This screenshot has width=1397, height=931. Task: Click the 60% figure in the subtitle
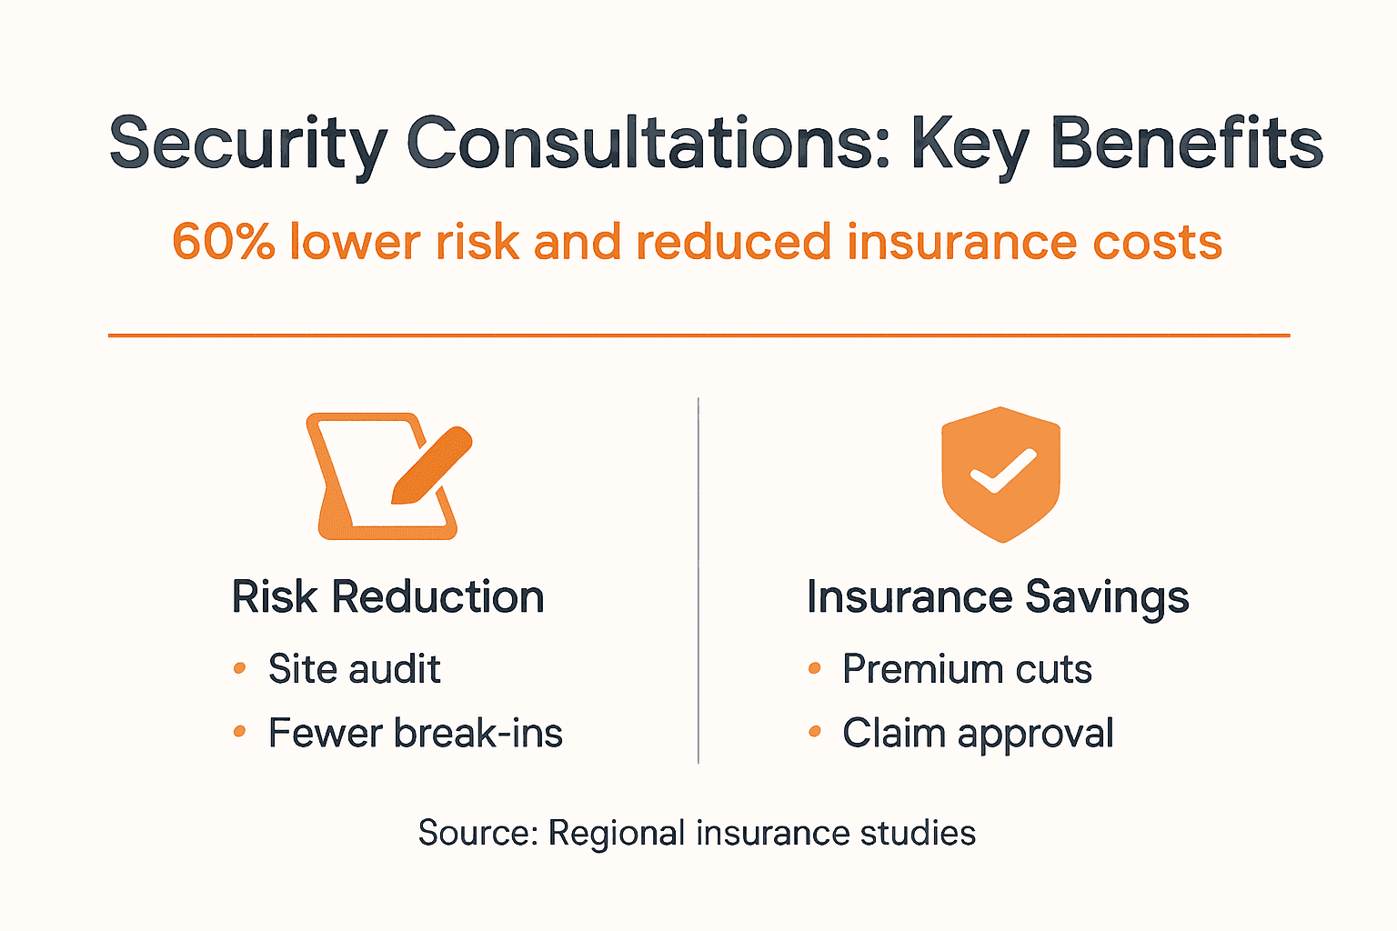click(224, 243)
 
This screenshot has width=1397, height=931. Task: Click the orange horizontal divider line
click(698, 335)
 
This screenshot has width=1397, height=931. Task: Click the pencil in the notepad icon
click(431, 465)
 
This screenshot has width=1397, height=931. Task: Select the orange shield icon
click(1000, 474)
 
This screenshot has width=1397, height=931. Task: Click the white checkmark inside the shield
click(1001, 471)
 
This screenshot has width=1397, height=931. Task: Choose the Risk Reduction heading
click(387, 597)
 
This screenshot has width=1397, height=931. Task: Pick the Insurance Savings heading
click(998, 597)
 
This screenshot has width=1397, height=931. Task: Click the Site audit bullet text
click(354, 669)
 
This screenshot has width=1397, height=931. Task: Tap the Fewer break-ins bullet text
click(415, 733)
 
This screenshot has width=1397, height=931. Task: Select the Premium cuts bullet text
click(967, 669)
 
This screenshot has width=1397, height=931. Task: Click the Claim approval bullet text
click(978, 733)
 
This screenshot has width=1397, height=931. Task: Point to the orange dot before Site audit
click(240, 668)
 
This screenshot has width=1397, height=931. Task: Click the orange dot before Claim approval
click(814, 731)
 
